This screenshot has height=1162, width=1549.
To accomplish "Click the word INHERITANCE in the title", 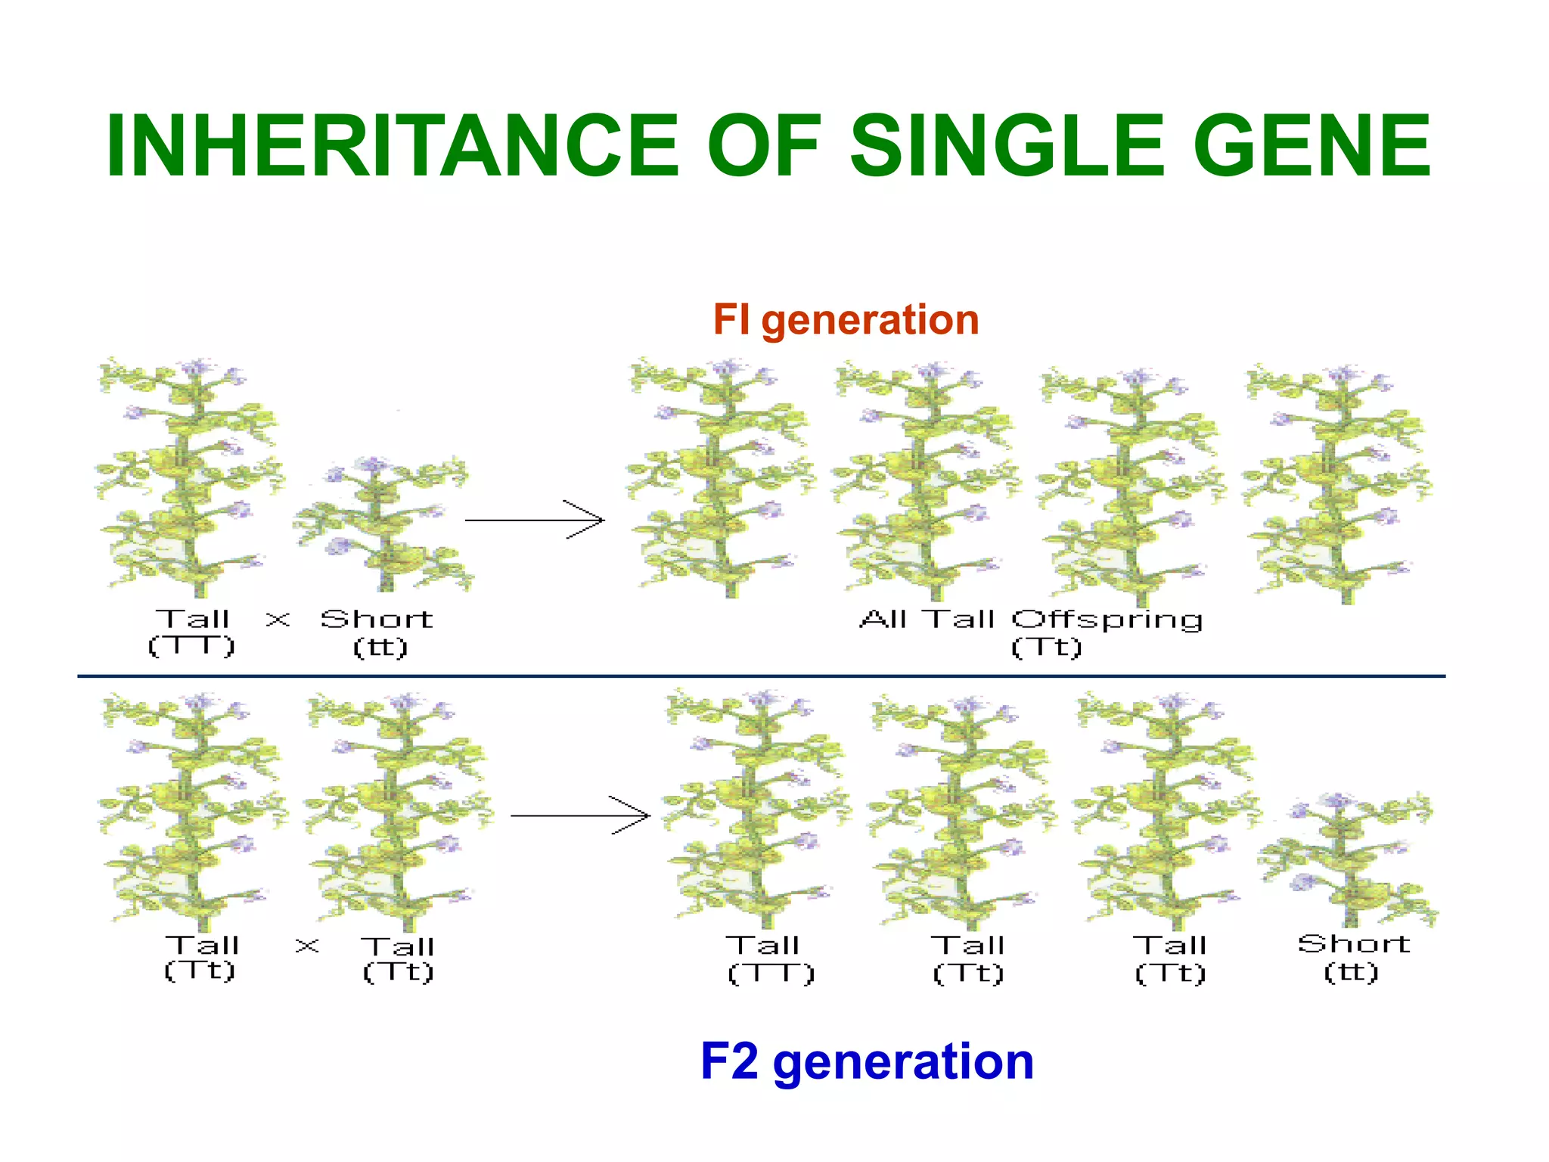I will pos(393,145).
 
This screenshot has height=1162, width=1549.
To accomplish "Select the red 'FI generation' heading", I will pos(846,319).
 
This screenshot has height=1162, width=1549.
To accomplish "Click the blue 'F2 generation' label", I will pos(867,1061).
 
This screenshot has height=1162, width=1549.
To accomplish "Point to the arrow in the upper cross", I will pos(535,520).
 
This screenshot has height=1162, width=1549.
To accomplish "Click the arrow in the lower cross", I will pos(580,816).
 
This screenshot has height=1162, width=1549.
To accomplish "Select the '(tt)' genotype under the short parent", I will pos(380,648).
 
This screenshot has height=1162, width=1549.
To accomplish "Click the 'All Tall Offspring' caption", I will pos(1031,620).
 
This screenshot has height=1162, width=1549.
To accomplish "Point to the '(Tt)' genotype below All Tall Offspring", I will pos(1046,648).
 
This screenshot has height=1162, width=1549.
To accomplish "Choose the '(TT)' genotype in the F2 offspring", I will pos(771,973).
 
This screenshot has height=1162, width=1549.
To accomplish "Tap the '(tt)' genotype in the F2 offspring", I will pos(1351,971).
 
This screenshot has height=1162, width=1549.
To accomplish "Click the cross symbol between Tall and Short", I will pos(278,620).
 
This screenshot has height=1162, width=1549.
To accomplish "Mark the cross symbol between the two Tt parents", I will pos(307,945).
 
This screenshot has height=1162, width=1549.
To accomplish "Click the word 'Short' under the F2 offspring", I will pos(1354,944).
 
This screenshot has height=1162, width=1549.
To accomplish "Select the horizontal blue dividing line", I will pos(761,676).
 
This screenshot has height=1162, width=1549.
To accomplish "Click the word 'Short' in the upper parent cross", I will pos(377,620).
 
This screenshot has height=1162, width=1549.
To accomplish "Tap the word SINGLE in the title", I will pos(1007,145).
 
